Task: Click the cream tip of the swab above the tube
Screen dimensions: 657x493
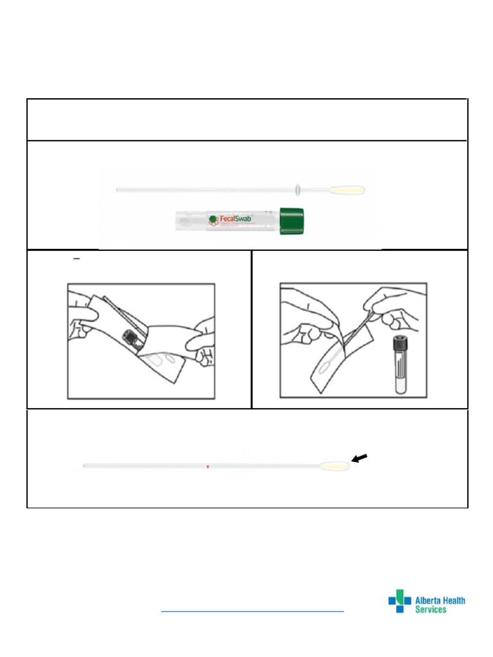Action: click(x=347, y=190)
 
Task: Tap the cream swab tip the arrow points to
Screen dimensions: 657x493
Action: click(x=335, y=466)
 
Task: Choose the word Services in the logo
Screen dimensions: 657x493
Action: click(x=431, y=610)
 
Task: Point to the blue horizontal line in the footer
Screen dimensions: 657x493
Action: click(x=252, y=611)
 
